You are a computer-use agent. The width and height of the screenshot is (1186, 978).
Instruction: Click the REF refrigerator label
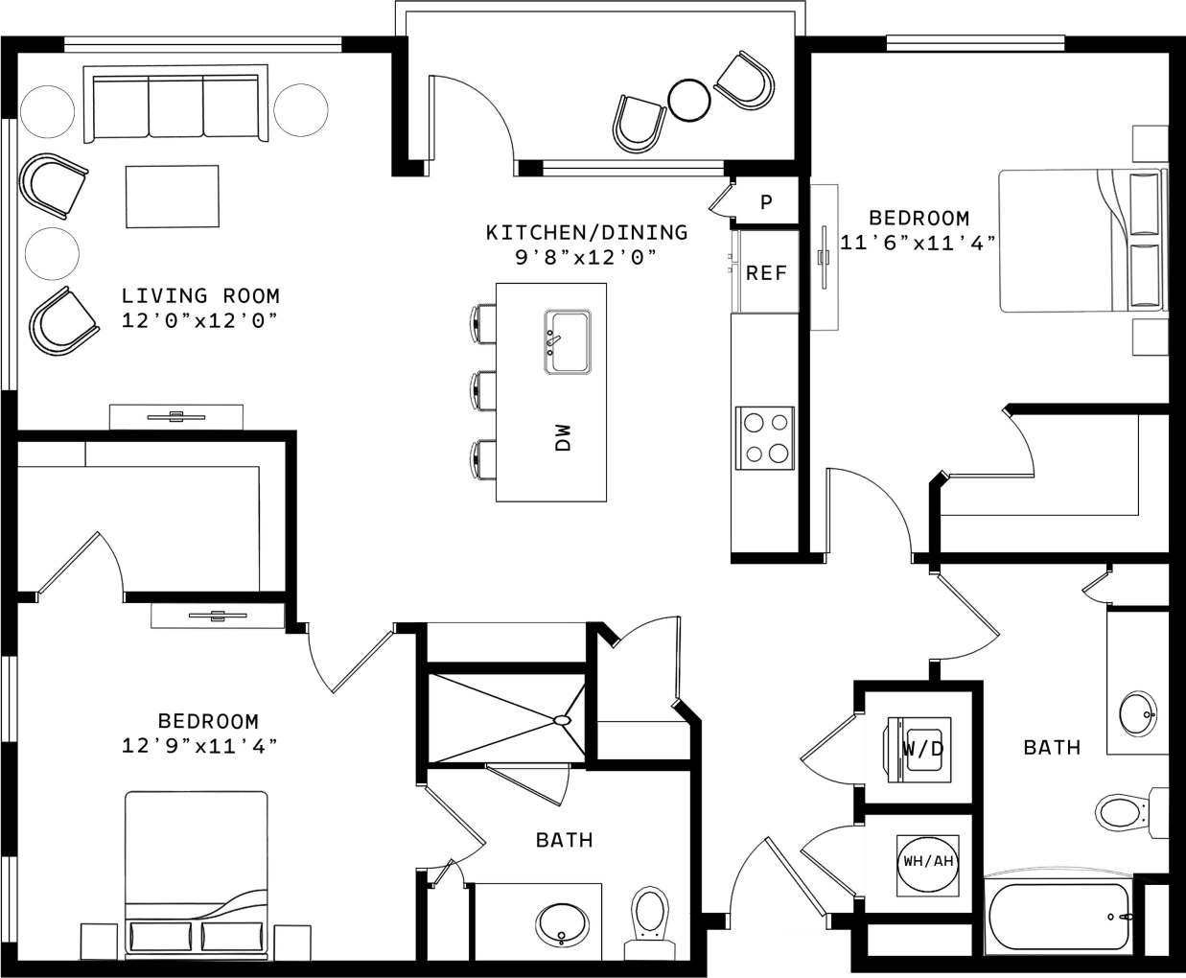(765, 273)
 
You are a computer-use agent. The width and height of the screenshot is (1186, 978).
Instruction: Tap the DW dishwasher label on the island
(564, 438)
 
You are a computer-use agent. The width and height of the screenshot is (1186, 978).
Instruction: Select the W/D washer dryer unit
(921, 748)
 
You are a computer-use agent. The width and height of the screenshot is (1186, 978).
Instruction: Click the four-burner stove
(765, 438)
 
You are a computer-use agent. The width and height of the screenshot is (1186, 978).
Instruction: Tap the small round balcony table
(688, 99)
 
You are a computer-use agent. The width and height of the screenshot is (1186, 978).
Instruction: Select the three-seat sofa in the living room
(175, 105)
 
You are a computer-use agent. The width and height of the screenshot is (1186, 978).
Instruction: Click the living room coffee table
(172, 197)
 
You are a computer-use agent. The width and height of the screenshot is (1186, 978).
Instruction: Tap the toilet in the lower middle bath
(649, 916)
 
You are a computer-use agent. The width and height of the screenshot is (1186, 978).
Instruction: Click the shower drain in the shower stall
(562, 719)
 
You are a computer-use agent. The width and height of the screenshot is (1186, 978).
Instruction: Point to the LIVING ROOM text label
(200, 296)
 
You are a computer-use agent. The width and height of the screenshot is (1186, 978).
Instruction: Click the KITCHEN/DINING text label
(587, 232)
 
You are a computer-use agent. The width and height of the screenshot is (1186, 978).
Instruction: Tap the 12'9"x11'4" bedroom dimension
(199, 744)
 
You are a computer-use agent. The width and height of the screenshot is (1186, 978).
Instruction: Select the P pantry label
(766, 203)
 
